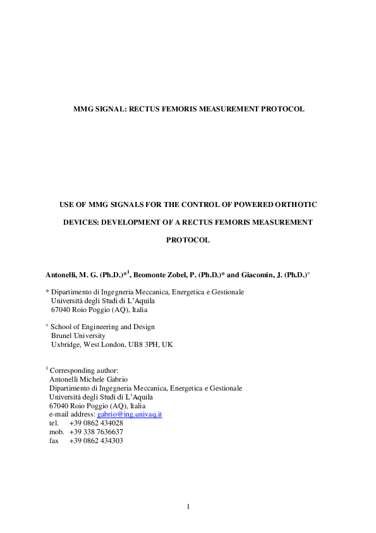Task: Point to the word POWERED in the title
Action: tap(250, 204)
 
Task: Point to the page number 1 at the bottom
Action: tap(188, 506)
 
